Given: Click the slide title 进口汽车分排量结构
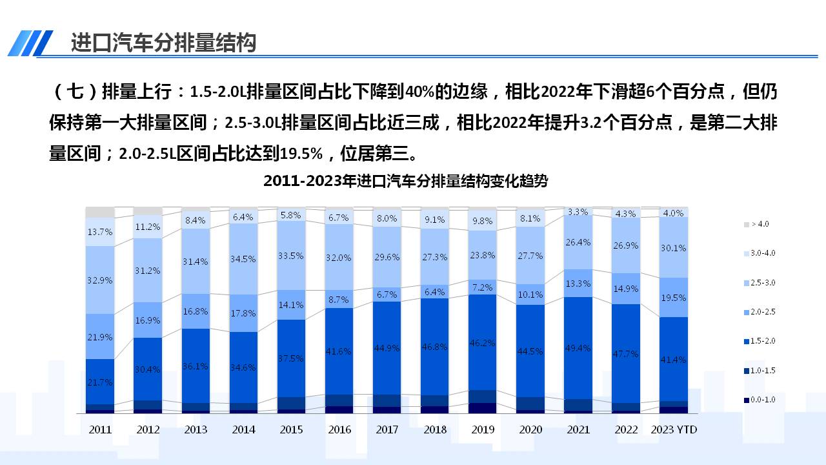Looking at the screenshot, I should [163, 43].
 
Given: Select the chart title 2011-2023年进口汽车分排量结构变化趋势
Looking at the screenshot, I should [405, 181].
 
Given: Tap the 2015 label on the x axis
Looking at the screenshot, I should [292, 429].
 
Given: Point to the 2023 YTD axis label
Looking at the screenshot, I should [674, 429].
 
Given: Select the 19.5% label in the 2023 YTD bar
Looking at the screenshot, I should [674, 298].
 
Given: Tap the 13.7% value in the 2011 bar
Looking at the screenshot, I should [100, 232].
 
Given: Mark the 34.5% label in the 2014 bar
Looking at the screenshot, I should [243, 259].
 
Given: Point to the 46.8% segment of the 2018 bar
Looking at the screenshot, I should [435, 346].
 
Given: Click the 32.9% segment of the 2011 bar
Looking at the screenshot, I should [100, 280].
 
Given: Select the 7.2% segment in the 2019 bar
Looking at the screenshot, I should [483, 287].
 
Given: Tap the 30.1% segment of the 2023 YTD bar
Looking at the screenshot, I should [674, 247].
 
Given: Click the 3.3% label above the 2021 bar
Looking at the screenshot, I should [578, 211].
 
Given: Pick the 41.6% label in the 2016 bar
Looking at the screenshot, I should [339, 351].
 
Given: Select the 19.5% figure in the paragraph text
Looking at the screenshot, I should [301, 154].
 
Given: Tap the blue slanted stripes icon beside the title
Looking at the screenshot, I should [31, 43].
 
